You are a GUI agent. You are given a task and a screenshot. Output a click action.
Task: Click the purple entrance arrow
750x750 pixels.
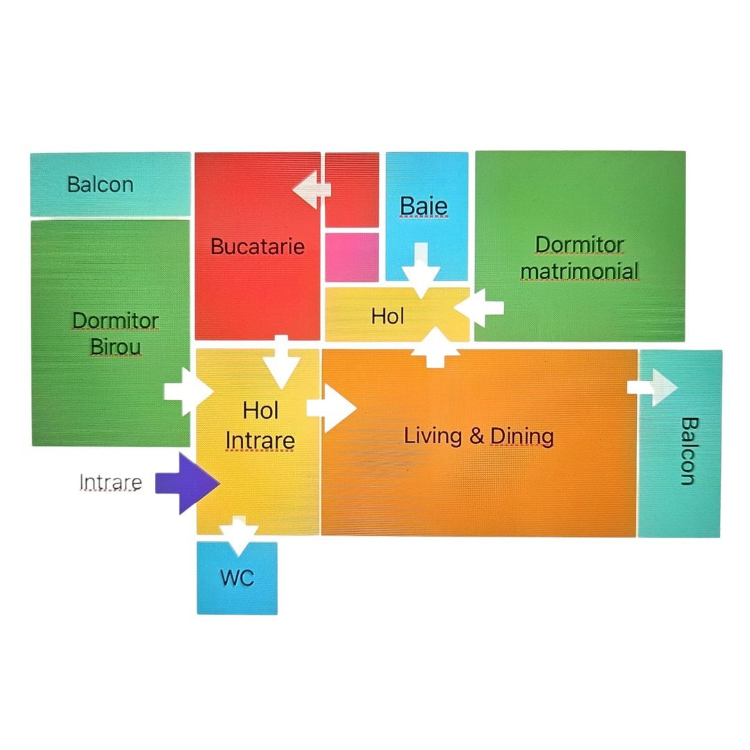tap(187, 483)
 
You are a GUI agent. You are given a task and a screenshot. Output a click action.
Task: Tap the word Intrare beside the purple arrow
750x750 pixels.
tap(110, 482)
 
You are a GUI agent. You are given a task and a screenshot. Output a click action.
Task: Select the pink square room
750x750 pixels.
tap(352, 258)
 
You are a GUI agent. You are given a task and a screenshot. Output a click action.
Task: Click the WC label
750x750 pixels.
tap(237, 578)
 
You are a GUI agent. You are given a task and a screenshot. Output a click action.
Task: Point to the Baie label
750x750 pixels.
tap(424, 206)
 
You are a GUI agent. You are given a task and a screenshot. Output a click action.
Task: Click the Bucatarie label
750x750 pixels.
tap(258, 247)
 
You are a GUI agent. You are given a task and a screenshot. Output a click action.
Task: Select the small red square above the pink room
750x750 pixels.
tap(352, 190)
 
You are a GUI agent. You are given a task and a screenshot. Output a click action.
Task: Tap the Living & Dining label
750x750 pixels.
tap(478, 435)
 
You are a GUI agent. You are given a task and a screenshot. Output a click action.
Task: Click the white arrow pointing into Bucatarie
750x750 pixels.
tap(312, 190)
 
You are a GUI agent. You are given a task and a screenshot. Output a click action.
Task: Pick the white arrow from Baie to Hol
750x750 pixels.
tap(421, 271)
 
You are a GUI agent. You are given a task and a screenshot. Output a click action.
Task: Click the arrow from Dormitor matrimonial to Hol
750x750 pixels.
tap(478, 308)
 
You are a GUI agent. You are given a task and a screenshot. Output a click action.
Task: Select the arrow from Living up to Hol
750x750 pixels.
tap(435, 348)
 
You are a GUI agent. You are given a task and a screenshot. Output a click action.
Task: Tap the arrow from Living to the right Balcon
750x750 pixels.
tap(652, 387)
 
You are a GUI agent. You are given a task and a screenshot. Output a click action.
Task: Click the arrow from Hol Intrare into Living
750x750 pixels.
tap(331, 408)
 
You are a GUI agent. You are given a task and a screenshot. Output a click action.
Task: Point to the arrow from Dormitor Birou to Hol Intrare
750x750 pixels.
tap(188, 392)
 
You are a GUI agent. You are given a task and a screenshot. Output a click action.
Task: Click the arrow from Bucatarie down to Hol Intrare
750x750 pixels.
tap(281, 362)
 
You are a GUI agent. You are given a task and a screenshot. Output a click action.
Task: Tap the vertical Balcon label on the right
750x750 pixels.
tap(690, 451)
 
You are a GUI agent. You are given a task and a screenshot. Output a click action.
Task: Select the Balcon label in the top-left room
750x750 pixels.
tap(101, 185)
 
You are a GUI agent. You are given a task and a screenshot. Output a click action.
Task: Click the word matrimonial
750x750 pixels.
tap(579, 272)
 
